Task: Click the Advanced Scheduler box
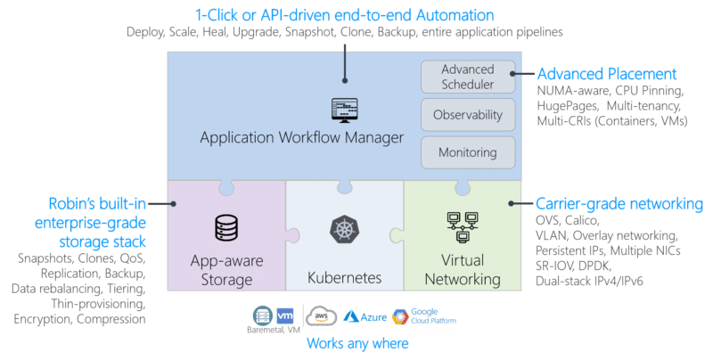pos(468,77)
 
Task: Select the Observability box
pos(468,115)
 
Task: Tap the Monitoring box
pos(468,152)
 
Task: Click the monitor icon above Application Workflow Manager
pos(344,110)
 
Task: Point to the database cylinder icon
pos(226,228)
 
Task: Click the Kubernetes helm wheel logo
pos(344,229)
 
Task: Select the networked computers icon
pos(463,227)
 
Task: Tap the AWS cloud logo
pos(321,316)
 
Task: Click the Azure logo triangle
pos(350,316)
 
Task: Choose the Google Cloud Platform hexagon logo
pos(400,317)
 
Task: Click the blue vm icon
pos(285,315)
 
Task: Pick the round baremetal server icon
pos(263,316)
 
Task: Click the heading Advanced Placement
pos(607,74)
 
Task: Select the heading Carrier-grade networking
pos(619,204)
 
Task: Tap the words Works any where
pos(357,343)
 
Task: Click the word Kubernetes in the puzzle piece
pos(344,278)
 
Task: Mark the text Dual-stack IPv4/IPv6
pos(589,281)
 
